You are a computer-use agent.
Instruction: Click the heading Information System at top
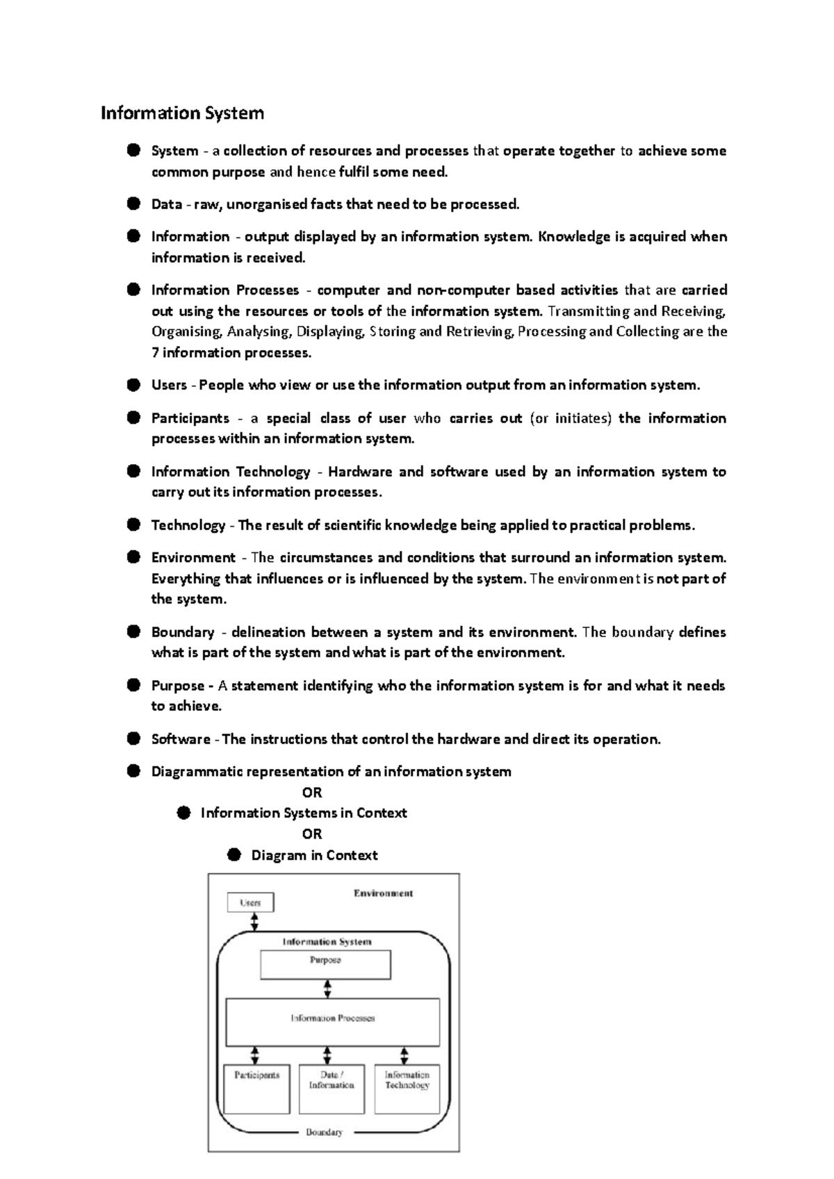(182, 113)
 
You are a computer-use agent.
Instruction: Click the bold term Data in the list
(166, 204)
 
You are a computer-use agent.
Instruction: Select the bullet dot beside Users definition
(133, 385)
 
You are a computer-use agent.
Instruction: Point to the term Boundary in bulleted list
(182, 632)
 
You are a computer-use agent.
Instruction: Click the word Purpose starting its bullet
(177, 686)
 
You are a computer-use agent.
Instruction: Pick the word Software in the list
(181, 739)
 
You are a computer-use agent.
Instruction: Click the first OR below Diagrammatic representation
(312, 793)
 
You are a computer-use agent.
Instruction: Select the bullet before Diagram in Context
(234, 855)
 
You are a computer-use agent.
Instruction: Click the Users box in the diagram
(250, 902)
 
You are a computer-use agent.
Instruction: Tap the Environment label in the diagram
(383, 893)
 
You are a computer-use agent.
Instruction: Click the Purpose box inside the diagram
(325, 964)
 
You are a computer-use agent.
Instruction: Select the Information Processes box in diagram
(333, 1021)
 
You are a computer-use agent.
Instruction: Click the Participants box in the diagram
(256, 1089)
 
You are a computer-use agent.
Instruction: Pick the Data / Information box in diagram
(332, 1089)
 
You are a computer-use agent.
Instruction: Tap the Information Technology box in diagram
(407, 1089)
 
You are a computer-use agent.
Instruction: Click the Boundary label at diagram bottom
(324, 1132)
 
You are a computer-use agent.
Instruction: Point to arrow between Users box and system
(254, 922)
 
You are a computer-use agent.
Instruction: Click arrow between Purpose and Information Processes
(327, 989)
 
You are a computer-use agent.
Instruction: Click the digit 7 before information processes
(155, 353)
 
